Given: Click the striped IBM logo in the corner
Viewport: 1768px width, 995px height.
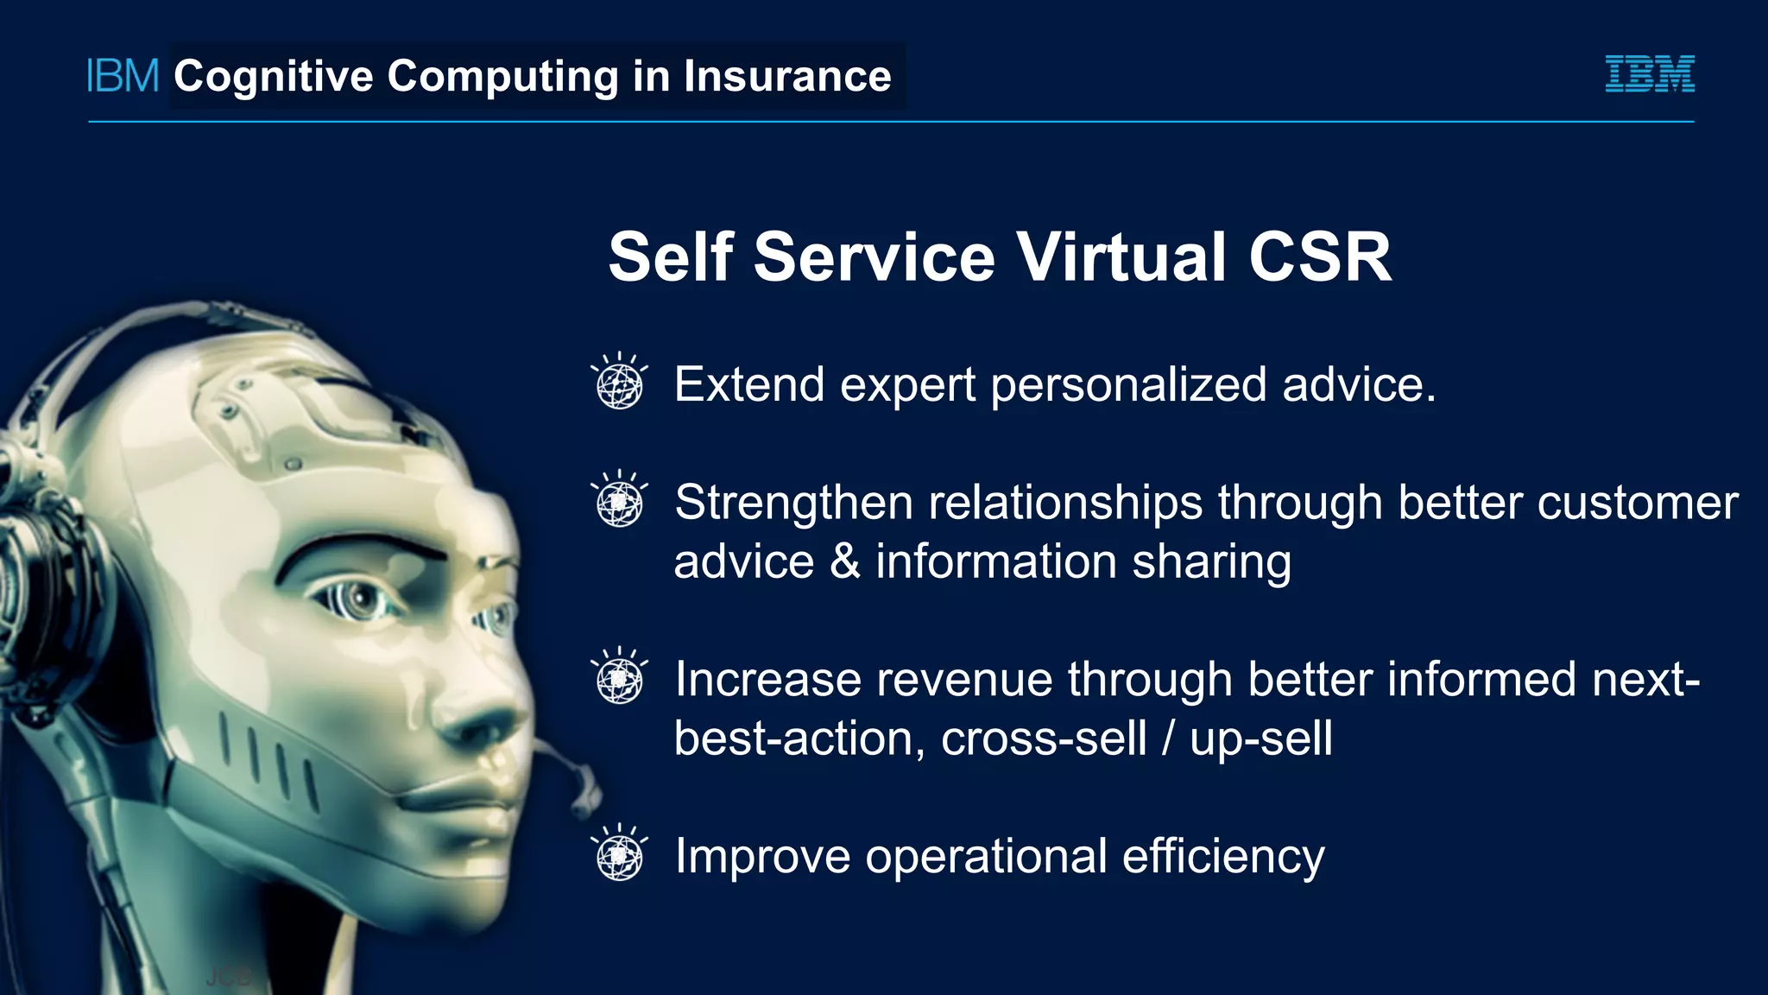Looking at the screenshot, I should pos(1649,74).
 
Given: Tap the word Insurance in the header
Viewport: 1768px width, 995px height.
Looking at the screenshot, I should pos(786,76).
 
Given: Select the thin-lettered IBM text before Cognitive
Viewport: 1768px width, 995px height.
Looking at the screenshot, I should pos(123,76).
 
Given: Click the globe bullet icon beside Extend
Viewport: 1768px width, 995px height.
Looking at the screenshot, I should pos(619,383).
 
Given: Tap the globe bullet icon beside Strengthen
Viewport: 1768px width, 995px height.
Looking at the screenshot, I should pos(619,501).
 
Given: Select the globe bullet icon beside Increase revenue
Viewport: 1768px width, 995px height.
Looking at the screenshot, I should pos(619,678).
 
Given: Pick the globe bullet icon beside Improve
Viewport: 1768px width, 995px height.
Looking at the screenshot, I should pos(619,855).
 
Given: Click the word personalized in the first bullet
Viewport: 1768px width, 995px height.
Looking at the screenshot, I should pos(1127,385).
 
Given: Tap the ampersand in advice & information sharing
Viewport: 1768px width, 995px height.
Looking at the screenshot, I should pos(844,562).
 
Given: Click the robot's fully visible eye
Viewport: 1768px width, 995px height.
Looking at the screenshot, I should pos(357,599).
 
